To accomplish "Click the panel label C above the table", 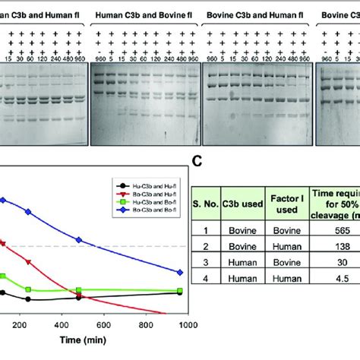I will pyautogui.click(x=197, y=161).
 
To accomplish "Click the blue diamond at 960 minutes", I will pyautogui.click(x=180, y=272).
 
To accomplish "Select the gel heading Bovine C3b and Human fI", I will pyautogui.click(x=256, y=14).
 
